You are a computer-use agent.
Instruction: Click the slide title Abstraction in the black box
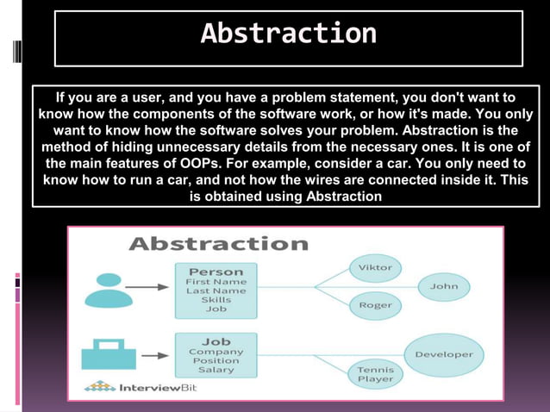(x=288, y=34)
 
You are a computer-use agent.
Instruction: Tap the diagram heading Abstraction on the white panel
(x=218, y=244)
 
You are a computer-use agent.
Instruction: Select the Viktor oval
(x=375, y=267)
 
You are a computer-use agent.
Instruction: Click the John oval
(x=444, y=286)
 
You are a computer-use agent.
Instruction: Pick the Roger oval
(x=375, y=305)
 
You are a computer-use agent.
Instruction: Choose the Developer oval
(x=444, y=354)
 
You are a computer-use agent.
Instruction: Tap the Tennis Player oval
(x=375, y=373)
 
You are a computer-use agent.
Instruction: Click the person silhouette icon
(x=109, y=290)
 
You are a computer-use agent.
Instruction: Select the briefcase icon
(x=109, y=353)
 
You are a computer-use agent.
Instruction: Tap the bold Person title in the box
(x=216, y=271)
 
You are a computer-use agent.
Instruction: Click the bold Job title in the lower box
(x=216, y=340)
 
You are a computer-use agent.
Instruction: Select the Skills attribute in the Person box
(x=216, y=300)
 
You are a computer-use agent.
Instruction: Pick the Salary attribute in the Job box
(x=216, y=370)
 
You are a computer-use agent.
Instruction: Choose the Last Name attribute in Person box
(x=216, y=290)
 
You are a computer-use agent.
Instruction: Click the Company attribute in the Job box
(x=216, y=352)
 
